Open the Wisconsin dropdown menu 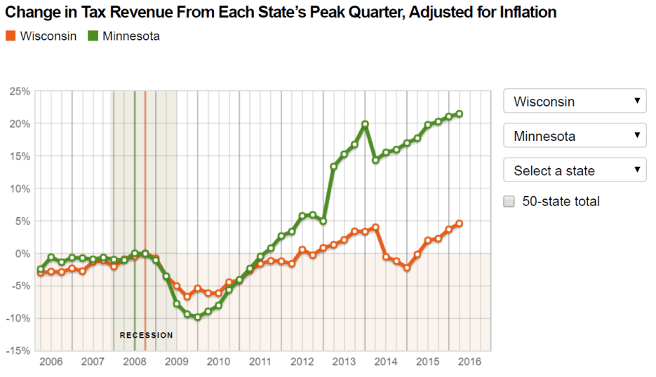pyautogui.click(x=574, y=102)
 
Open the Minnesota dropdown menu pyautogui.click(x=574, y=136)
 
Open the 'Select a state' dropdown pyautogui.click(x=574, y=170)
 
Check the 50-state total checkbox pyautogui.click(x=510, y=202)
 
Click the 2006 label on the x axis pyautogui.click(x=51, y=362)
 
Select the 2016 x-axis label pyautogui.click(x=469, y=362)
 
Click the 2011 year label pyautogui.click(x=260, y=362)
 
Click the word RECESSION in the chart pyautogui.click(x=146, y=336)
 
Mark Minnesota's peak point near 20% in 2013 pyautogui.click(x=365, y=124)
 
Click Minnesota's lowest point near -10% pyautogui.click(x=198, y=317)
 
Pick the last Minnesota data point pyautogui.click(x=460, y=114)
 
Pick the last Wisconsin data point pyautogui.click(x=460, y=224)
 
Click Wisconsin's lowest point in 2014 pyautogui.click(x=407, y=268)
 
